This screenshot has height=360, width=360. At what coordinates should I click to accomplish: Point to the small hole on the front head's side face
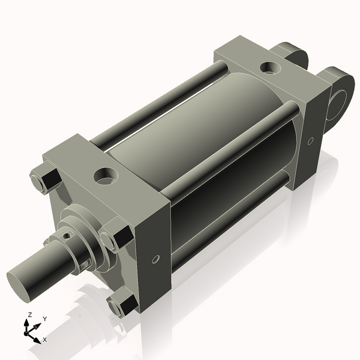tap(155, 259)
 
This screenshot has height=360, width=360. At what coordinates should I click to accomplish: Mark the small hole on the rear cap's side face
tap(310, 142)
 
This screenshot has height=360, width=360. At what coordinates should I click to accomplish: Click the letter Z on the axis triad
tap(30, 315)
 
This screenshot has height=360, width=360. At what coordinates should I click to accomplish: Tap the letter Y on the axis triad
tap(44, 319)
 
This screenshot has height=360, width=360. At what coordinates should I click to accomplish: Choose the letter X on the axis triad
tap(45, 340)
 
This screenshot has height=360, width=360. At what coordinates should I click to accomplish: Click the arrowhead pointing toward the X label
tap(37, 337)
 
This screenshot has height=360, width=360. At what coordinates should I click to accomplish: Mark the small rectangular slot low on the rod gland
tap(88, 263)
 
